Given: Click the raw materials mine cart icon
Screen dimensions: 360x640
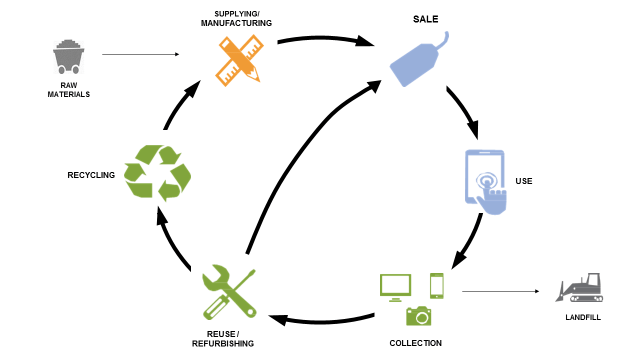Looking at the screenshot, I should pyautogui.click(x=69, y=56).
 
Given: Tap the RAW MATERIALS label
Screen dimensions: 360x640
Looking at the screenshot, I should pyautogui.click(x=68, y=89).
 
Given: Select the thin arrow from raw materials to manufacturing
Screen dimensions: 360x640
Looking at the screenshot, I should pyautogui.click(x=139, y=54).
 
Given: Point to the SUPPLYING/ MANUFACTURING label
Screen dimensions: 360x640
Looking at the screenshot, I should pyautogui.click(x=237, y=17).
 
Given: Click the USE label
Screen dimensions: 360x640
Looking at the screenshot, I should pyautogui.click(x=524, y=181).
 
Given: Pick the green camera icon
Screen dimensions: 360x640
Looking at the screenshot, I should pyautogui.click(x=418, y=315).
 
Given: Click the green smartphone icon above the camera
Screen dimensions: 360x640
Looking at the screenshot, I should pyautogui.click(x=437, y=285).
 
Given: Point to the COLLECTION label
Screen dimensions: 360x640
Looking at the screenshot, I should pyautogui.click(x=415, y=343).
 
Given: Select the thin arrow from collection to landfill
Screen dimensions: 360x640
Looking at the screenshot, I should pyautogui.click(x=500, y=292).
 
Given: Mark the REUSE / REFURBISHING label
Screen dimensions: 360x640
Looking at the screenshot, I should pyautogui.click(x=223, y=338).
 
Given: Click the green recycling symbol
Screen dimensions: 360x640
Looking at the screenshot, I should pyautogui.click(x=157, y=172).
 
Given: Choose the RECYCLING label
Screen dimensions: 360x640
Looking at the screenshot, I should pyautogui.click(x=91, y=175).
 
